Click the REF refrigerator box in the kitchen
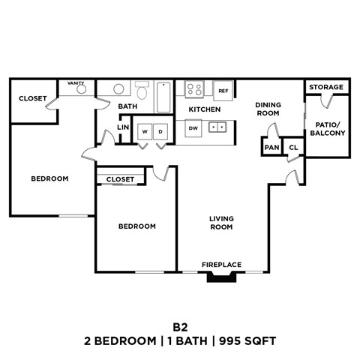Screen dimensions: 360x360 tap(223, 90)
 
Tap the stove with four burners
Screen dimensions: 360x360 tap(194, 90)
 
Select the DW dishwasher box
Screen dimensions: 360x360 tap(193, 128)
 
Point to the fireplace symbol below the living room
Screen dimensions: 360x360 tap(222, 277)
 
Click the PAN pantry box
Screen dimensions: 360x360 tap(270, 148)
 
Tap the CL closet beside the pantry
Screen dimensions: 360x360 tap(293, 148)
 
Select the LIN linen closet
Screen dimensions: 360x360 tap(123, 127)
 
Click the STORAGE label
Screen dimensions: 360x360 tap(326, 87)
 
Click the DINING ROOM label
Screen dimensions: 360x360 tap(267, 109)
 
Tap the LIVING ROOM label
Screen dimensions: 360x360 tap(221, 222)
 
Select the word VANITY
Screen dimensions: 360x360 tap(76, 83)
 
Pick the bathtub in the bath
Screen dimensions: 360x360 tap(163, 95)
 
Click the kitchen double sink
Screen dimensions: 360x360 tap(218, 128)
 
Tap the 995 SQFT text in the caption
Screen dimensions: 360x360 tap(248, 341)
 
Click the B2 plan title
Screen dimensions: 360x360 tap(179, 327)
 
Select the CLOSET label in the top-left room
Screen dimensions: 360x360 tap(32, 98)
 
